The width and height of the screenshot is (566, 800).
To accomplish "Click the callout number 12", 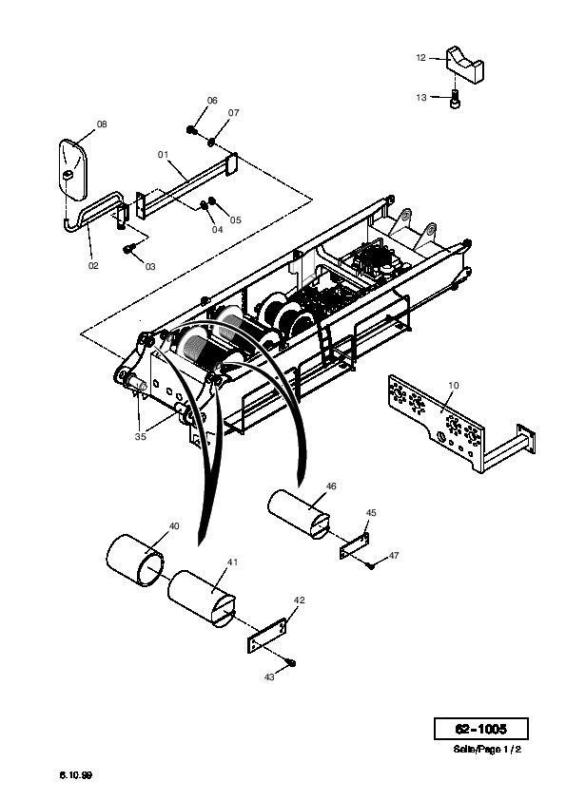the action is pos(420,58).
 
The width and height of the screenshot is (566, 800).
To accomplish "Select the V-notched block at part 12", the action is pos(465,65).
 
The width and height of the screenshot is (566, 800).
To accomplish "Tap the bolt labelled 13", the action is pos(454,99).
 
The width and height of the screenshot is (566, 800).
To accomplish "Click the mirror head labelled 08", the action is pos(73,168).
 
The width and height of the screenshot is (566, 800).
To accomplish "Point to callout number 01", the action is pos(163,154).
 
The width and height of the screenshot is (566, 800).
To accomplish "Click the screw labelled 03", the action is pos(129,249).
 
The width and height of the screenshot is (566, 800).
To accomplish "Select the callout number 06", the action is pos(212,101).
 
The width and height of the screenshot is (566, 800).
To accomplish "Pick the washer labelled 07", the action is pos(211,141).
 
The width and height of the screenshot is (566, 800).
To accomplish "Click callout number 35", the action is pos(141,436).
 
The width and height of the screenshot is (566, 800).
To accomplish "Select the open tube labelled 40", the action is pos(135,561).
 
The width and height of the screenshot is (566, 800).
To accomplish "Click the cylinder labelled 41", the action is pos(202,599).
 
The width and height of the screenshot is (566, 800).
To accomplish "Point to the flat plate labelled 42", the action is pos(266,636).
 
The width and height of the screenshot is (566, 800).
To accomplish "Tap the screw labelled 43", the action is pos(291,662).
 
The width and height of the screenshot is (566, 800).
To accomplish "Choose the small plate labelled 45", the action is pos(355,545).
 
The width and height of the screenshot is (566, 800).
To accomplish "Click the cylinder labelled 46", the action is pos(300,514).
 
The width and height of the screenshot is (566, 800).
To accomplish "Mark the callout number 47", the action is pos(393,555).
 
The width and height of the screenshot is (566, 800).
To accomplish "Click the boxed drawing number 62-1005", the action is pos(480,729).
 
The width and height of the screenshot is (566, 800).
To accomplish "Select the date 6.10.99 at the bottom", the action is pos(75,775).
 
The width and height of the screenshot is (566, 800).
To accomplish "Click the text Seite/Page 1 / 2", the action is pos(487,750).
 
